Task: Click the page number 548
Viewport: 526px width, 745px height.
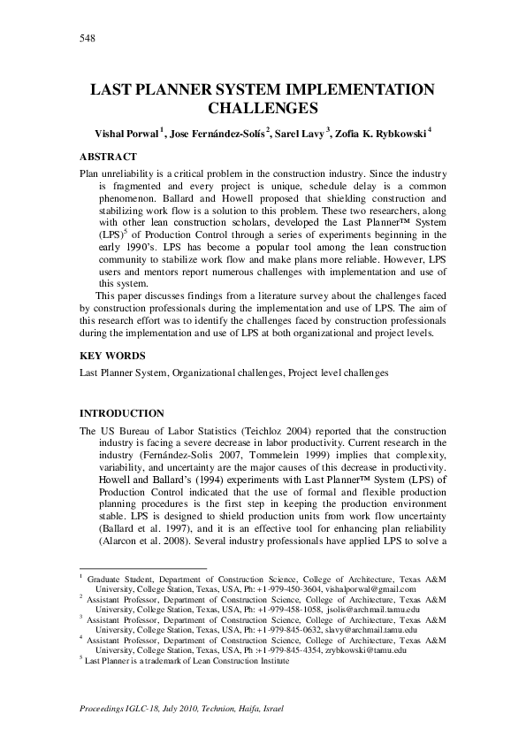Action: [87, 38]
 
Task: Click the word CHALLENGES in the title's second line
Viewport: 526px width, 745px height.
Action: [263, 109]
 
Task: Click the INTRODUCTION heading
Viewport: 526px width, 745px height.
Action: [122, 413]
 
